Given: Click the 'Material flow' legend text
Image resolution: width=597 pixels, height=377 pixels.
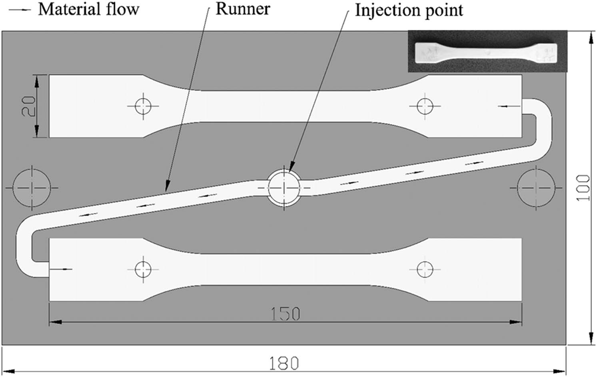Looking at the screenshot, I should pyautogui.click(x=88, y=9).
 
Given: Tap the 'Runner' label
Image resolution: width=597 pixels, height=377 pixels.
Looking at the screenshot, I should pyautogui.click(x=243, y=9).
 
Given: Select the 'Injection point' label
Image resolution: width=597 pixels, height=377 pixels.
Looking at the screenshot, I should pyautogui.click(x=409, y=10).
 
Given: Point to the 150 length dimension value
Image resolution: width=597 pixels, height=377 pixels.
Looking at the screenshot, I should pyautogui.click(x=285, y=314).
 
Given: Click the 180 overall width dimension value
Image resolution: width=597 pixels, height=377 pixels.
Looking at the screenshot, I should pyautogui.click(x=284, y=363).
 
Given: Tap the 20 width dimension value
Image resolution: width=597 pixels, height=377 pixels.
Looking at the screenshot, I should pyautogui.click(x=28, y=106).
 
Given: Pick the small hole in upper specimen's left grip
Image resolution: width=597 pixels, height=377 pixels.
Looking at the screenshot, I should pyautogui.click(x=143, y=106).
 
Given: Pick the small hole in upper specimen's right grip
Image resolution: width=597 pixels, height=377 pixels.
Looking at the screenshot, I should pyautogui.click(x=425, y=106).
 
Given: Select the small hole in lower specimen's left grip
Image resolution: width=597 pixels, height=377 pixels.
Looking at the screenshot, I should pyautogui.click(x=143, y=269).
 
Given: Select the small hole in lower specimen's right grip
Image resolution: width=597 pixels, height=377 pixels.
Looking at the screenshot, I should pyautogui.click(x=425, y=269).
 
